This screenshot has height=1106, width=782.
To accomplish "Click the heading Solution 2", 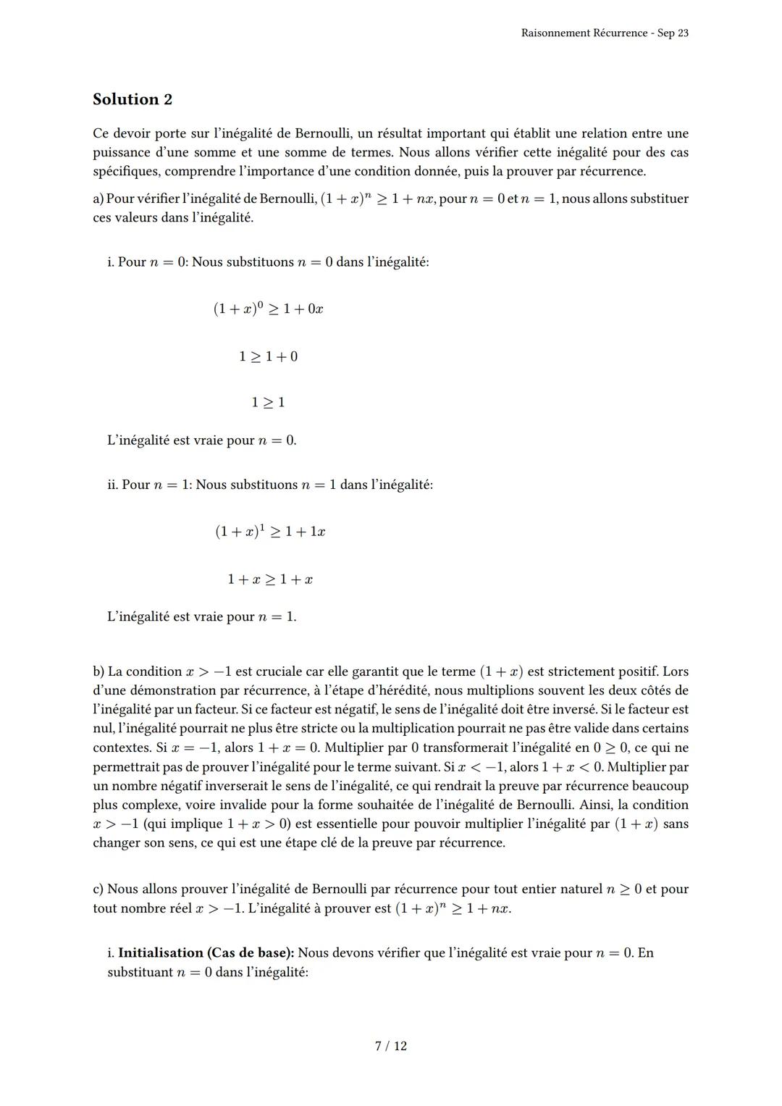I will (133, 99).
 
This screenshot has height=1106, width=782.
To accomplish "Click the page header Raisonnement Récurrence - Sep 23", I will (604, 33).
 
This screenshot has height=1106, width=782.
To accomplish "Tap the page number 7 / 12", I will (391, 1046).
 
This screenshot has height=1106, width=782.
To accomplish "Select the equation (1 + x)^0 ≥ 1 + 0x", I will (268, 309).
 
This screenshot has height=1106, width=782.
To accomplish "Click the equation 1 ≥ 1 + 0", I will (268, 356).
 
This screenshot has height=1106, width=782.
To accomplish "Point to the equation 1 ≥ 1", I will (268, 402).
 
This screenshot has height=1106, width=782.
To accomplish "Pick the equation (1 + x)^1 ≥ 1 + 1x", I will (269, 532).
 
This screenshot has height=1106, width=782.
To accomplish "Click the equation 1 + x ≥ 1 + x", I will (269, 579).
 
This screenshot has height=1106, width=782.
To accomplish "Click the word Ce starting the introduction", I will (101, 133).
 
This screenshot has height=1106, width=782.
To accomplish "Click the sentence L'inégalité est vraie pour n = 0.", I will (201, 440).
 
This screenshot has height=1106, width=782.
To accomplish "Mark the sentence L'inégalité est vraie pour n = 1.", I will (201, 617).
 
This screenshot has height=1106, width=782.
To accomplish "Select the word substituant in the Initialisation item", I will (139, 971).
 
